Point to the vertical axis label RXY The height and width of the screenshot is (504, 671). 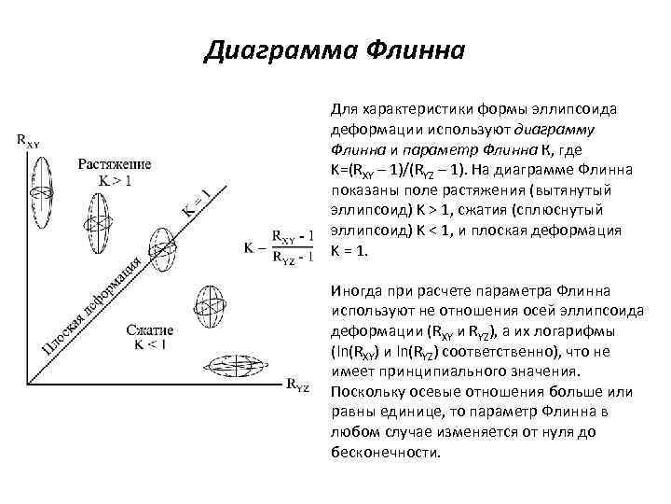pyautogui.click(x=28, y=141)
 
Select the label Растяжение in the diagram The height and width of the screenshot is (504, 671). pyautogui.click(x=115, y=164)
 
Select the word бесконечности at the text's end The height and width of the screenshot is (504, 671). pyautogui.click(x=383, y=452)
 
